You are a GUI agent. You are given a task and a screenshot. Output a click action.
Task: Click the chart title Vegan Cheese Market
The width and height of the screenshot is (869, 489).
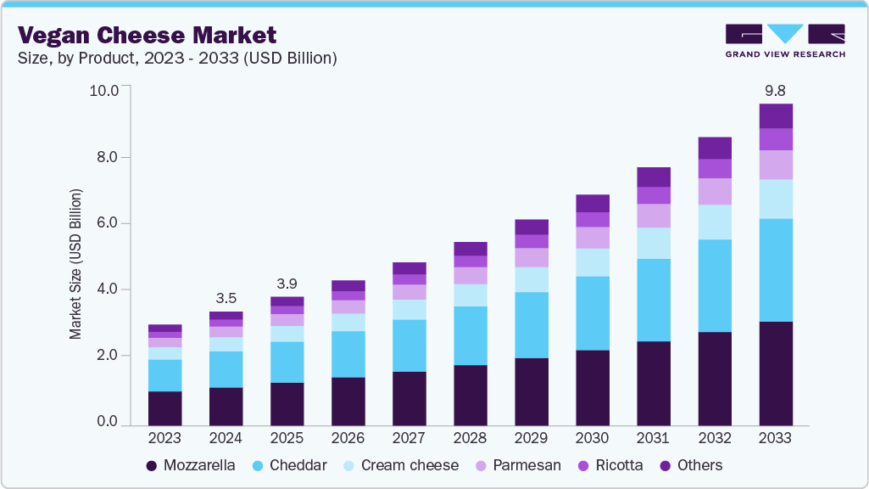pyautogui.click(x=148, y=35)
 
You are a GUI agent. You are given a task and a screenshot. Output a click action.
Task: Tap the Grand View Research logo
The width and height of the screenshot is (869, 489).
pyautogui.click(x=784, y=41)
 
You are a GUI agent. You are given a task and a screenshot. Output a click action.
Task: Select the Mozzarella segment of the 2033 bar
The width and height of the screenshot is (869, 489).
pyautogui.click(x=776, y=373)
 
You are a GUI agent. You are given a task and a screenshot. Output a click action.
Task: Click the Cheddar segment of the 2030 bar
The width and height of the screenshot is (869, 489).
pyautogui.click(x=593, y=312)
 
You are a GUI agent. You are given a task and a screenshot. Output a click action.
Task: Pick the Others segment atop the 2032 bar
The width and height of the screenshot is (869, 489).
pyautogui.click(x=715, y=148)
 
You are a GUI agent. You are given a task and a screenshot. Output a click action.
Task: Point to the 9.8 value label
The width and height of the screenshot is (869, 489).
pyautogui.click(x=776, y=89)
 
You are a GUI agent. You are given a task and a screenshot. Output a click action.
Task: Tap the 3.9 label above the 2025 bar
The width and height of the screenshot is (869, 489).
pyautogui.click(x=287, y=282)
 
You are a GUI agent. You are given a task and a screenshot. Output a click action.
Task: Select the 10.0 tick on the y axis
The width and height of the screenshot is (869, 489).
pyautogui.click(x=108, y=90)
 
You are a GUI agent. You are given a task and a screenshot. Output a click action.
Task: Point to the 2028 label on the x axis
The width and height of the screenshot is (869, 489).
pyautogui.click(x=471, y=438)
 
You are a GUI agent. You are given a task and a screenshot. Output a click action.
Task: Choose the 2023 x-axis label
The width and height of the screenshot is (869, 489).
pyautogui.click(x=165, y=438)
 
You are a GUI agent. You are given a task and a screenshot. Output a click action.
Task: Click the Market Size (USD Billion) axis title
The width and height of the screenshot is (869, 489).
pyautogui.click(x=75, y=265)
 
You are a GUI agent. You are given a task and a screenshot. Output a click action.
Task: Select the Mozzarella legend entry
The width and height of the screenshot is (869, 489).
pyautogui.click(x=191, y=465)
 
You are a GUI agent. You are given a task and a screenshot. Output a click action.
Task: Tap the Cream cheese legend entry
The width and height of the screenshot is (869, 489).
pyautogui.click(x=400, y=465)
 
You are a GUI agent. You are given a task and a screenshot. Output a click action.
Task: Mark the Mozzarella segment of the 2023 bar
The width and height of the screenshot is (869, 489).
pyautogui.click(x=165, y=407)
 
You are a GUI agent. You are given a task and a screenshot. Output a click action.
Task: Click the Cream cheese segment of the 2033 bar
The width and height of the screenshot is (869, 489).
pyautogui.click(x=776, y=199)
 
